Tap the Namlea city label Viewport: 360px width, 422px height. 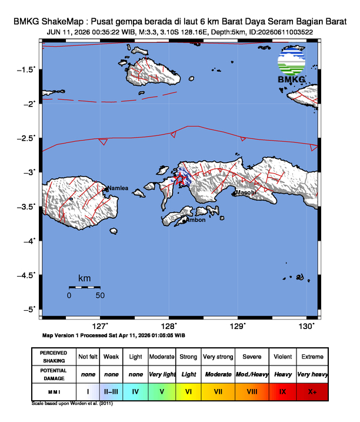117,188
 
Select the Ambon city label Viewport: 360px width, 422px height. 195,221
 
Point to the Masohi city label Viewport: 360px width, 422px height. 245,193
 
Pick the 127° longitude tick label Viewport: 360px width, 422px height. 101,325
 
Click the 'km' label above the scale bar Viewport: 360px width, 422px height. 84,278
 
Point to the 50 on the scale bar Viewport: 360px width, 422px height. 100,295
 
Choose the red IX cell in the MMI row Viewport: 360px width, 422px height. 282,391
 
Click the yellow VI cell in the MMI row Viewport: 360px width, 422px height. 188,391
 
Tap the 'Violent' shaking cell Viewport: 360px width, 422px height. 282,357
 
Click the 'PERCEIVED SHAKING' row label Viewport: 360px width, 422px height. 54,357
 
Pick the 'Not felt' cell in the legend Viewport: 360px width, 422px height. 88,357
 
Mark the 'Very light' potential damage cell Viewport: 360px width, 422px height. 162,374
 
